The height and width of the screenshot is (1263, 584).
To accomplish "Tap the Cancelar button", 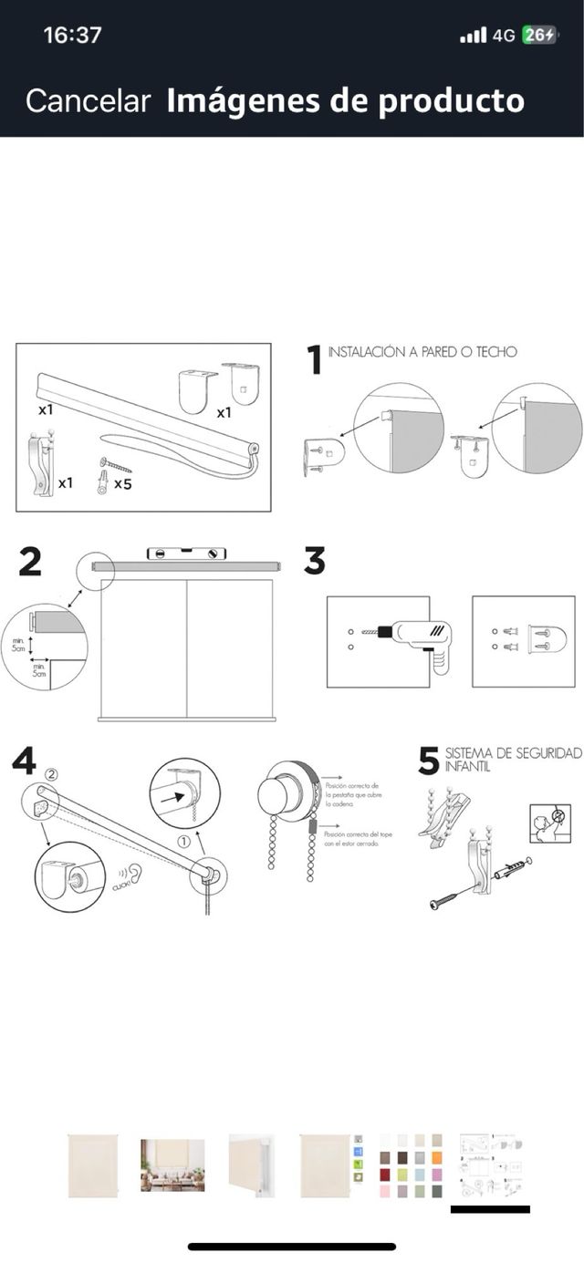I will (88, 100).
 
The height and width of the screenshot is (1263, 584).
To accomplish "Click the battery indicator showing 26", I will (539, 36).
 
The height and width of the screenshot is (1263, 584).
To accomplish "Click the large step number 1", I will (315, 359).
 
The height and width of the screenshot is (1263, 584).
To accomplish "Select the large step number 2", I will (30, 562).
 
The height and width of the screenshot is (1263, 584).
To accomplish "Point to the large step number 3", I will (315, 561).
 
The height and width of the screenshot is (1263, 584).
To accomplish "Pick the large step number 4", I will (24, 761).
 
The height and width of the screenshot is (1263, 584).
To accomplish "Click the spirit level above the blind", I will (185, 553).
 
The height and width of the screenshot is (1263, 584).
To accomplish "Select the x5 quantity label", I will (122, 483).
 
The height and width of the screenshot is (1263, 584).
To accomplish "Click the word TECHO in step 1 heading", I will (494, 351).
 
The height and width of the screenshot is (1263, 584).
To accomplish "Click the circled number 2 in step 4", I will (51, 774).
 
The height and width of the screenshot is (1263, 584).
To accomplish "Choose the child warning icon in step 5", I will (549, 823).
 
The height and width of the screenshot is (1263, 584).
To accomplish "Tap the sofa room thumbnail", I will (172, 1165).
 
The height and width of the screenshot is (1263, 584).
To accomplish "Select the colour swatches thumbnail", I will (411, 1165).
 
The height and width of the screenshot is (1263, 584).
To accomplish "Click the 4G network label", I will (504, 36).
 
